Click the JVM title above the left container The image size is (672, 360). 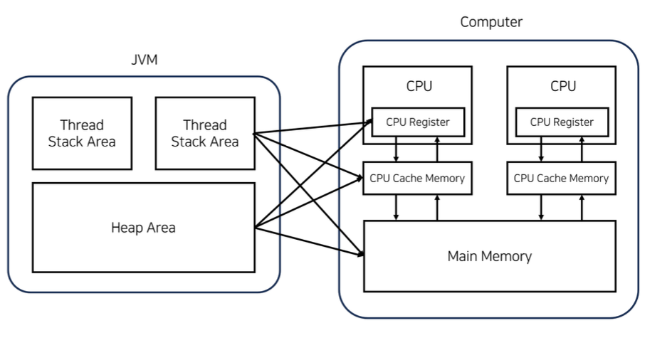(145, 60)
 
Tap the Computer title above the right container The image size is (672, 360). (491, 22)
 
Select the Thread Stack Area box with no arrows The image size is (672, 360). (82, 133)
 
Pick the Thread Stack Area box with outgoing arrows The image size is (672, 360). (204, 133)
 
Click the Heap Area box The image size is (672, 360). (143, 228)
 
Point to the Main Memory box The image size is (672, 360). (489, 256)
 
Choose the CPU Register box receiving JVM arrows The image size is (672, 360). (418, 122)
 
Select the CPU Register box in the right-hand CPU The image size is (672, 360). (562, 122)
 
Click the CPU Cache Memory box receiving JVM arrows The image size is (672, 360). (417, 178)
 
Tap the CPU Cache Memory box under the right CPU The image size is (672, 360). (561, 178)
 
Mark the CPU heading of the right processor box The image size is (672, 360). (563, 86)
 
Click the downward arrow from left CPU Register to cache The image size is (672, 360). (397, 149)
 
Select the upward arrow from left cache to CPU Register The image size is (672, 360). (437, 149)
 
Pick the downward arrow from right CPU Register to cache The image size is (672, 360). (541, 149)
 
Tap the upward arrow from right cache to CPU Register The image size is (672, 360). (582, 149)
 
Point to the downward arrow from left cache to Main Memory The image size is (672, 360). (397, 207)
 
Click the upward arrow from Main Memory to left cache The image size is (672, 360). (437, 207)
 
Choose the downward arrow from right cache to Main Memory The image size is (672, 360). (541, 207)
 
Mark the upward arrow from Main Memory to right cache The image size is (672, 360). (582, 207)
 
